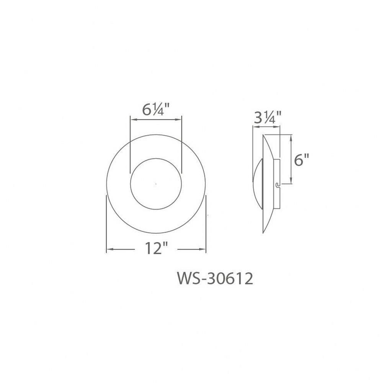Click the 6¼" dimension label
click(x=156, y=110)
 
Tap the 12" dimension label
click(x=157, y=248)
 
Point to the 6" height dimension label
click(x=301, y=160)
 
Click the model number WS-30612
click(x=215, y=278)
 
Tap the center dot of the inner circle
click(x=156, y=184)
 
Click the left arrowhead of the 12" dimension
click(x=110, y=249)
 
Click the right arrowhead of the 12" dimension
click(x=203, y=249)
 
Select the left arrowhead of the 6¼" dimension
click(x=133, y=119)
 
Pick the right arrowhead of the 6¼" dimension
click(x=178, y=119)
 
